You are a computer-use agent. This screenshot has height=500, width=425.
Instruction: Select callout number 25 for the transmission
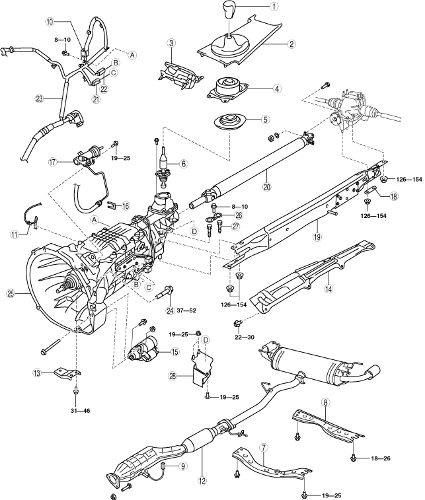tap(11, 294)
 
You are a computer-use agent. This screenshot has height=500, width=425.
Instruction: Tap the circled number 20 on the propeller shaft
tap(267, 186)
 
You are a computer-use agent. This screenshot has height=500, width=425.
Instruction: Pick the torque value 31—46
tap(80, 411)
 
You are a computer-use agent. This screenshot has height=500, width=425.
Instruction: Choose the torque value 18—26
tap(380, 458)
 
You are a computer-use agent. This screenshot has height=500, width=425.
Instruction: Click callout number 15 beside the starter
tap(175, 352)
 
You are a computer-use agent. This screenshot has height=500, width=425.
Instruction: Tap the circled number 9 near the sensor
tap(183, 466)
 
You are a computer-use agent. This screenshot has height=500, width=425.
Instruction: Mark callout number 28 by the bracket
tap(173, 376)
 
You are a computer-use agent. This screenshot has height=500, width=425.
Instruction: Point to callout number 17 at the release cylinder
tap(53, 162)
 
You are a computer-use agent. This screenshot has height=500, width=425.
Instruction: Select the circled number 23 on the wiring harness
tap(39, 99)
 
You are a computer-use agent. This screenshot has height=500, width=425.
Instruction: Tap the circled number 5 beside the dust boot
tap(265, 120)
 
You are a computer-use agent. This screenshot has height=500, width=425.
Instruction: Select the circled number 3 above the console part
tap(171, 44)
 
